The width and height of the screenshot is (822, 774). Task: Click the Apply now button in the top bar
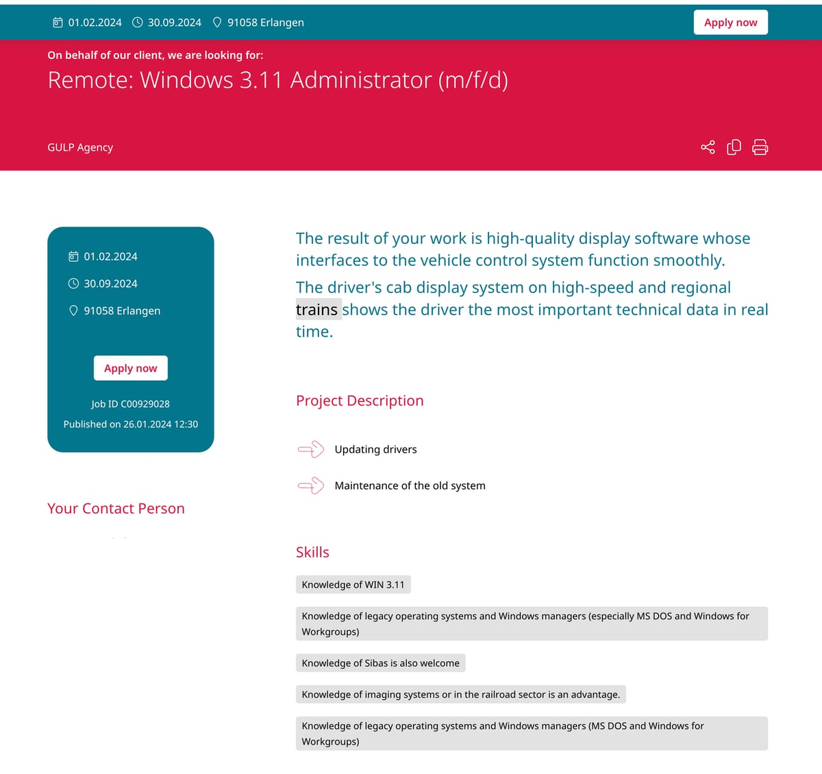(730, 23)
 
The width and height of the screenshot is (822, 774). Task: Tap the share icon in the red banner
(708, 147)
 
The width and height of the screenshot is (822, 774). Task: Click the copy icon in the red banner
(734, 147)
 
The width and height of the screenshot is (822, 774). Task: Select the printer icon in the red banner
(760, 147)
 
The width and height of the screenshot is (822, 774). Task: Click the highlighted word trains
(317, 310)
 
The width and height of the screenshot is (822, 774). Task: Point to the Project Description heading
(360, 401)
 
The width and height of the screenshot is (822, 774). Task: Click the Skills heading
(312, 552)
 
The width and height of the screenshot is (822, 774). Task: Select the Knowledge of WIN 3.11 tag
(353, 584)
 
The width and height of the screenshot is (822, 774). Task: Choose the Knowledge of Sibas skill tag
(380, 663)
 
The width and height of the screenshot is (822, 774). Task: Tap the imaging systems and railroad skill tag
(460, 695)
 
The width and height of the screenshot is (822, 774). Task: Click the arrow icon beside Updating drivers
(311, 449)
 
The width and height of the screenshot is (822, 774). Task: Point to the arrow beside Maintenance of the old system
(311, 486)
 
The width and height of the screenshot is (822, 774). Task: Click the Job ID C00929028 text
(130, 404)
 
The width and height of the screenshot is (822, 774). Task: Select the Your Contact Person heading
(116, 508)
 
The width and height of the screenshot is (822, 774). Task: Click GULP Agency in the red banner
(80, 147)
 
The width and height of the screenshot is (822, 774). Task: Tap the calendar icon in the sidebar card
(73, 256)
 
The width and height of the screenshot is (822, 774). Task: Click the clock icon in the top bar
(138, 23)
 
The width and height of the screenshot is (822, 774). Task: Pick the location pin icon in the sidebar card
(73, 310)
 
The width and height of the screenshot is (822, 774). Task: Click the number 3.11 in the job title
(261, 80)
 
